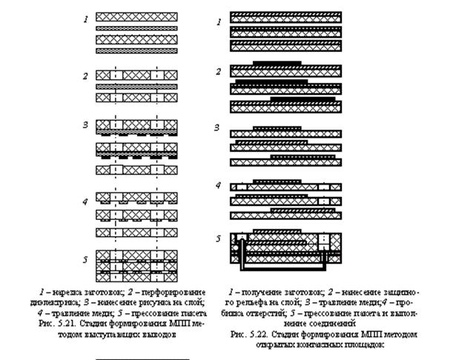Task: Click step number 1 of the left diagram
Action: [x=86, y=16]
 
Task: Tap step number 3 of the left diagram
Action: [x=86, y=124]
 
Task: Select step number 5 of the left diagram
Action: [x=86, y=259]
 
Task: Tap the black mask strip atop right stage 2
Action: [x=277, y=63]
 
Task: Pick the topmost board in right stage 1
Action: [x=285, y=17]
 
